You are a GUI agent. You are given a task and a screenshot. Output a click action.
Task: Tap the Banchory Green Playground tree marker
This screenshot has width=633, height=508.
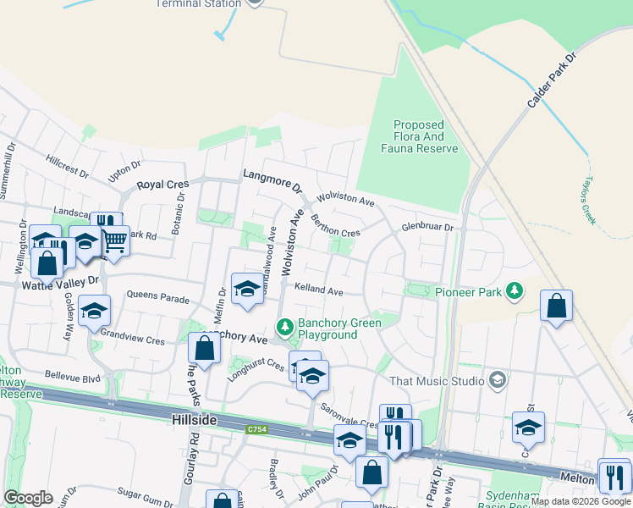[285, 327]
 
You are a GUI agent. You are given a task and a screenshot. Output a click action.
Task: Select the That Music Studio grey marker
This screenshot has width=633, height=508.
[498, 380]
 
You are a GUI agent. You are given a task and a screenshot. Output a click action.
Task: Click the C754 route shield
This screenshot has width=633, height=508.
[258, 430]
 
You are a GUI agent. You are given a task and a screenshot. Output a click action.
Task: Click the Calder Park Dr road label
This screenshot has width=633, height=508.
[552, 80]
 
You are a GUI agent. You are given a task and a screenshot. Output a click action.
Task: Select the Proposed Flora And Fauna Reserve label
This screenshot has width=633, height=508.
[420, 136]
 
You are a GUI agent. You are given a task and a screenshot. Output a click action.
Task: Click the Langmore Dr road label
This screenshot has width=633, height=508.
[272, 179]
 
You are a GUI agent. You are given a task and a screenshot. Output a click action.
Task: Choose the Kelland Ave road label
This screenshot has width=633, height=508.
[318, 290]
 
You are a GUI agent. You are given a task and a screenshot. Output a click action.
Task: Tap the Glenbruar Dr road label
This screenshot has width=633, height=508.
[428, 227]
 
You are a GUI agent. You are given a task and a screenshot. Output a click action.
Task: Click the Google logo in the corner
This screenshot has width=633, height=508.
[27, 498]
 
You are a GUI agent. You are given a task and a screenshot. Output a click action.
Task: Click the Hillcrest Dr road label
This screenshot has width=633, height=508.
[68, 166]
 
